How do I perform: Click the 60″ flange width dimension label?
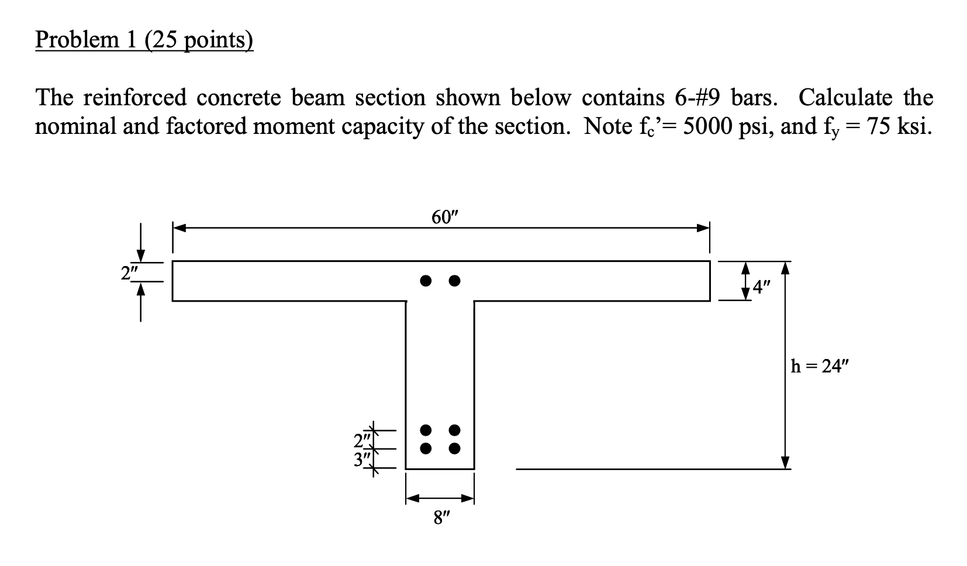pyautogui.click(x=442, y=218)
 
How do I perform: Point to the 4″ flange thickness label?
pyautogui.click(x=762, y=287)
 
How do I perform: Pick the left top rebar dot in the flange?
pyautogui.click(x=427, y=281)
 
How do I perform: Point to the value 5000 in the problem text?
pyautogui.click(x=709, y=126)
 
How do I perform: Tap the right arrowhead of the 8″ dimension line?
pyautogui.click(x=468, y=499)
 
